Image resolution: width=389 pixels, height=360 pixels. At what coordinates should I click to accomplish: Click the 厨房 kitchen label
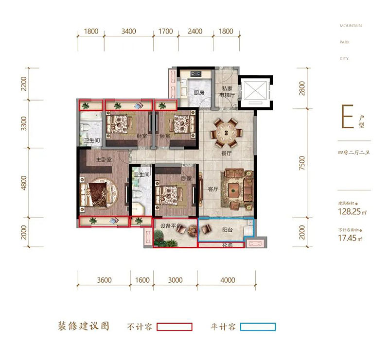click(198, 92)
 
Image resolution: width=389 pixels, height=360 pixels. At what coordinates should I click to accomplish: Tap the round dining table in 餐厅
click(226, 132)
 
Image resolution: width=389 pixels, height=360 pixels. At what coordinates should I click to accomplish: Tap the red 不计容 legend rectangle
click(175, 327)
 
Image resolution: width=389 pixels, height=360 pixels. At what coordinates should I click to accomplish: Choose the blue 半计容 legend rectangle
click(258, 327)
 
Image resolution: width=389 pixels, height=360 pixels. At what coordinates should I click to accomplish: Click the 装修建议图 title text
click(84, 326)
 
